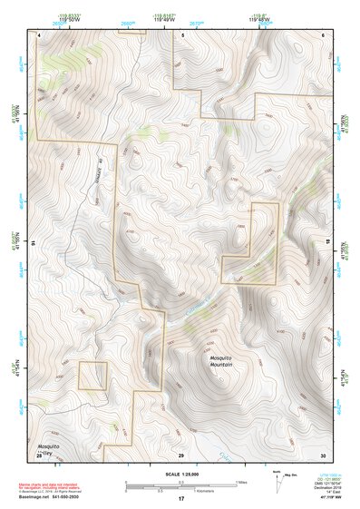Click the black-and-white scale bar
coord(181,484)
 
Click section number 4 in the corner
coord(39,34)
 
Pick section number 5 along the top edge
coord(181,34)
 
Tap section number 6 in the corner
coord(324,34)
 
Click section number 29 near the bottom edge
coord(181,454)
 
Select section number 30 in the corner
coord(323,454)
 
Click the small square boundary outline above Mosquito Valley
coord(92,376)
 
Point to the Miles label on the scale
coord(241,481)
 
